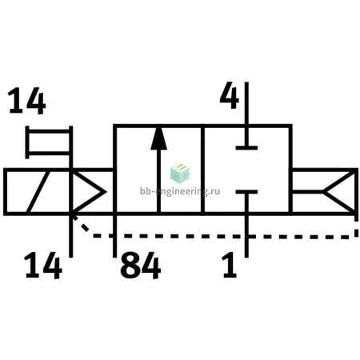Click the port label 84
141,266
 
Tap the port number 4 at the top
230,95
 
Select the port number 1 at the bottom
229,265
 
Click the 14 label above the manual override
26,101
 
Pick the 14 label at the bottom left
43,266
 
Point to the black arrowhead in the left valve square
158,138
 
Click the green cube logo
180,173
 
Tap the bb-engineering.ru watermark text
180,191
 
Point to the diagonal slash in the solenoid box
38,192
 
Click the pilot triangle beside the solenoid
88,192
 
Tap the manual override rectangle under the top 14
49,142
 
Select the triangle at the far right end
340,192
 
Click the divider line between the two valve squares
202,170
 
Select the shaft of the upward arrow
159,182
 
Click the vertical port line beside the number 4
246,114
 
